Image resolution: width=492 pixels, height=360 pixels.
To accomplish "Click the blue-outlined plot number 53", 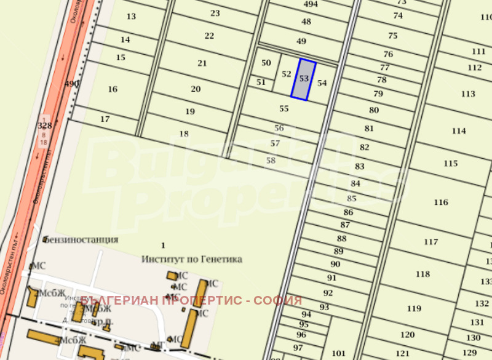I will pos(304,79).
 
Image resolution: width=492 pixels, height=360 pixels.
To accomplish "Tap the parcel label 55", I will pos(284,109).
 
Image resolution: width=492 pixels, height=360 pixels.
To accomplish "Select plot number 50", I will pos(266,63).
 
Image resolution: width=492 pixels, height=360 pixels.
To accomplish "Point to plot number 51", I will pos(261,82).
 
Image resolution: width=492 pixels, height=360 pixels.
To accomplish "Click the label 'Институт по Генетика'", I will pos(191,259).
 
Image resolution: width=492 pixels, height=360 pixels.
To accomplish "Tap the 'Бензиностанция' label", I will pos(80,239).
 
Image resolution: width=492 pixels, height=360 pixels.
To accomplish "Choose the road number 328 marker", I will pos(44,126).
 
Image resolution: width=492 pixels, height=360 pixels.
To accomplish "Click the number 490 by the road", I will pos(71,84).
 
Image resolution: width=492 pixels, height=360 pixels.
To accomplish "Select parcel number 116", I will pos(440,202).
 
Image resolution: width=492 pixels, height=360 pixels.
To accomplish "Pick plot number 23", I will pos(215,13).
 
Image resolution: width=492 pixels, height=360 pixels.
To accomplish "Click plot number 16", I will pos(112,89).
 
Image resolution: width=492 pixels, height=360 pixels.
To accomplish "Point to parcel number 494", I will pos(311,4).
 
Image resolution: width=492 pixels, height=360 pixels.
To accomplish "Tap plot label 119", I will pos(414,308).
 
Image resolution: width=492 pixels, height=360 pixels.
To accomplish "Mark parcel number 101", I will pos(338,353).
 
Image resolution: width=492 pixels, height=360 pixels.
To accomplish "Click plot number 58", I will pos(271,160).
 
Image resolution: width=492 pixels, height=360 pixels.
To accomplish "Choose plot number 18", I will pos(183,134).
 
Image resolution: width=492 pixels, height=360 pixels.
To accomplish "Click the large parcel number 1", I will pos(163,246).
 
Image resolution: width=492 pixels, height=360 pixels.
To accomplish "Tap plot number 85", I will pos(351,198).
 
